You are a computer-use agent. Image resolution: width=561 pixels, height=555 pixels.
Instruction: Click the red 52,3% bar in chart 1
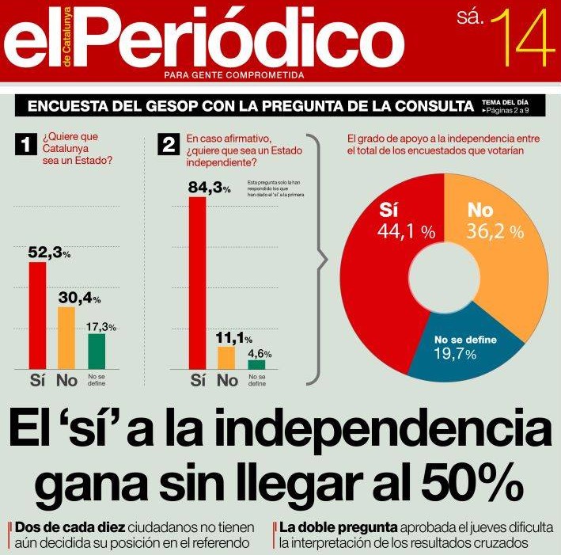pyautogui.click(x=37, y=314)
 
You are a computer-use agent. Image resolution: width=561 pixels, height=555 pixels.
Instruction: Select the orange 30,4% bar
pyautogui.click(x=66, y=337)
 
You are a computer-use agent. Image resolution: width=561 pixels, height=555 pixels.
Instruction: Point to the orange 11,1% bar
pyautogui.click(x=226, y=357)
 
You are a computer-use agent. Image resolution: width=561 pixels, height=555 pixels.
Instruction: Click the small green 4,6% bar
pyautogui.click(x=256, y=364)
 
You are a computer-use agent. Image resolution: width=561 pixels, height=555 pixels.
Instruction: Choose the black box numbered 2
pyautogui.click(x=168, y=145)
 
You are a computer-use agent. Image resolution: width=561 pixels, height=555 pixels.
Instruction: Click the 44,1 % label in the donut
pyautogui.click(x=406, y=232)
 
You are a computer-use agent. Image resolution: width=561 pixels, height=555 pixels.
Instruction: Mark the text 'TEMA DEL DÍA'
pyautogui.click(x=504, y=103)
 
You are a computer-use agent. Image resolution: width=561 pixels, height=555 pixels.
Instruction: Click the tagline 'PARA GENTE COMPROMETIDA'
pyautogui.click(x=233, y=75)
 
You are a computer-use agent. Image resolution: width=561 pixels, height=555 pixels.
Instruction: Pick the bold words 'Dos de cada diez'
pyautogui.click(x=69, y=526)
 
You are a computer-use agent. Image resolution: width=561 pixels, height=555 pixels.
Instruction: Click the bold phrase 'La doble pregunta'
pyautogui.click(x=339, y=526)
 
